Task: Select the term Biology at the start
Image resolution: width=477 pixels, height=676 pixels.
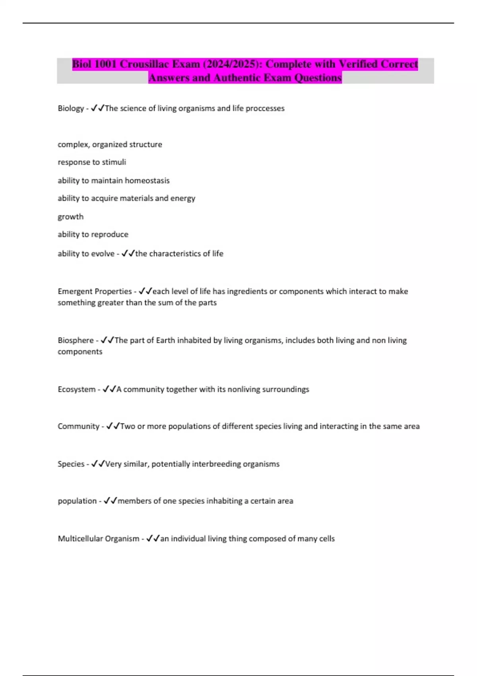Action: [71, 108]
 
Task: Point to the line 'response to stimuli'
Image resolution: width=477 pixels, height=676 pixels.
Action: [92, 162]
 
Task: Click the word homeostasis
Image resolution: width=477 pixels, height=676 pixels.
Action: [147, 181]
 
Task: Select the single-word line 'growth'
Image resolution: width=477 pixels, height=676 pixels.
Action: [71, 217]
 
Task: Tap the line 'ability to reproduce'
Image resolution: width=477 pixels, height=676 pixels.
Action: [93, 235]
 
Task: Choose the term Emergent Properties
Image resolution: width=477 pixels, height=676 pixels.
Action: [95, 291]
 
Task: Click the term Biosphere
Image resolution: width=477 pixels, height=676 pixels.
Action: [76, 340]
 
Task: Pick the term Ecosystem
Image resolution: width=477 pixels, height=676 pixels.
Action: [77, 389]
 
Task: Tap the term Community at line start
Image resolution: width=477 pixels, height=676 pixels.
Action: [78, 426]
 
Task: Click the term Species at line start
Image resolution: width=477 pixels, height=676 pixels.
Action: [71, 464]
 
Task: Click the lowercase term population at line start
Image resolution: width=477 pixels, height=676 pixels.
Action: [77, 501]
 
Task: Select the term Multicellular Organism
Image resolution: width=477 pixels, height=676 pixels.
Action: [99, 539]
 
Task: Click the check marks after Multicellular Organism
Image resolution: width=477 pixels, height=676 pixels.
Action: [153, 538]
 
